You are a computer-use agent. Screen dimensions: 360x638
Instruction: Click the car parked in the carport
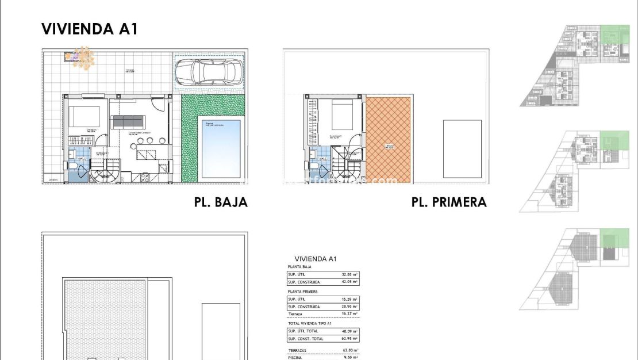209,72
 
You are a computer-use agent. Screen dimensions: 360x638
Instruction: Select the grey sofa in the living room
128,121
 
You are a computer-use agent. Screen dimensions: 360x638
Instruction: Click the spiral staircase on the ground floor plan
106,171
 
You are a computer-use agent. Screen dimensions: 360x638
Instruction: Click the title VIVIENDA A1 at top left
90,29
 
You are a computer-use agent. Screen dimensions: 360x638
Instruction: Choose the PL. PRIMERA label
449,202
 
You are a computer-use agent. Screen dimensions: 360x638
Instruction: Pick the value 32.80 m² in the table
350,275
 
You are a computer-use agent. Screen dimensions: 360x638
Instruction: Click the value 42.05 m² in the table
350,282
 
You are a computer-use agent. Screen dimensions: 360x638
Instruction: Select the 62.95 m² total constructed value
350,339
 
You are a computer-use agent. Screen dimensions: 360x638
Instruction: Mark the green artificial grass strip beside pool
190,138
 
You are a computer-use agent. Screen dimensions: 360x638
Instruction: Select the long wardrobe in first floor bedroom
313,124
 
